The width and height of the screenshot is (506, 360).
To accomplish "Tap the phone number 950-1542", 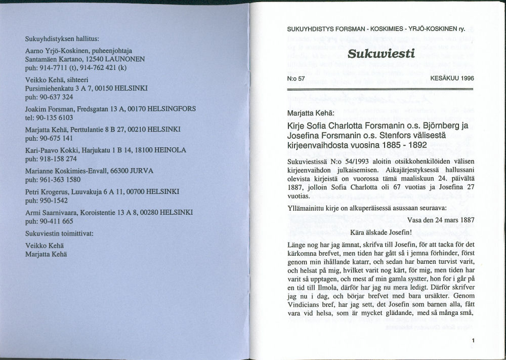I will (x=54, y=199).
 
